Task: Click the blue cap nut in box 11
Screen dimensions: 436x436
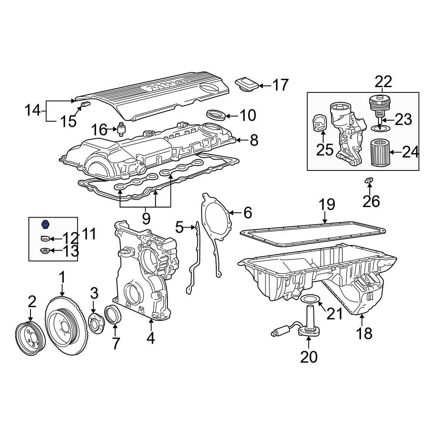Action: [x=44, y=225]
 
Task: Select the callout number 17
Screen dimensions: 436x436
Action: [x=280, y=85]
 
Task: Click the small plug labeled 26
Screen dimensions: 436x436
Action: [x=369, y=180]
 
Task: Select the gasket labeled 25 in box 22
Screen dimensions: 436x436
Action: [x=319, y=123]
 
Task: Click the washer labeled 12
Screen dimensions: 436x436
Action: [x=44, y=238]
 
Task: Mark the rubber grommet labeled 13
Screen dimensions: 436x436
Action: [x=44, y=251]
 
